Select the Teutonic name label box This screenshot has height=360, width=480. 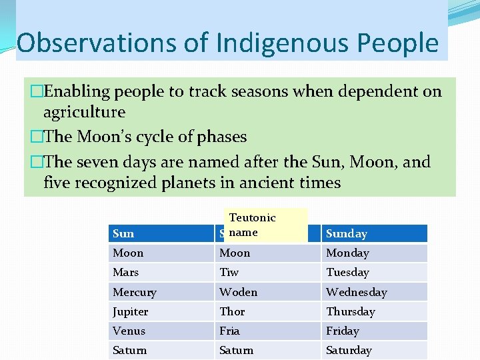pyautogui.click(x=267, y=225)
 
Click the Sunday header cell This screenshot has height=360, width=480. pyautogui.click(x=374, y=233)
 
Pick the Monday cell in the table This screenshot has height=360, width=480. pyautogui.click(x=374, y=253)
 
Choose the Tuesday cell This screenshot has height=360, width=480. pyautogui.click(x=374, y=273)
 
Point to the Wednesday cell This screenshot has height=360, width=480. pyautogui.click(x=374, y=292)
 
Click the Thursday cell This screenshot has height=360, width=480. pyautogui.click(x=374, y=311)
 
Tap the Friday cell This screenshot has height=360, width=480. pyautogui.click(x=374, y=331)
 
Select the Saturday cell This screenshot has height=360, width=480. pyautogui.click(x=374, y=350)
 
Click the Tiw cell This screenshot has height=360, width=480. pyautogui.click(x=267, y=273)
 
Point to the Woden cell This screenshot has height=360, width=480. pyautogui.click(x=267, y=292)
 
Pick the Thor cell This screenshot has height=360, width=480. pyautogui.click(x=267, y=311)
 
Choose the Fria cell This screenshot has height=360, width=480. pyautogui.click(x=267, y=331)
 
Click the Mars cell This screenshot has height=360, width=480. pyautogui.click(x=161, y=273)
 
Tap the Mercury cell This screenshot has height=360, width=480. pyautogui.click(x=161, y=292)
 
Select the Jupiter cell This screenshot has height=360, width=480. pyautogui.click(x=161, y=311)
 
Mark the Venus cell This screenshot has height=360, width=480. pyautogui.click(x=161, y=331)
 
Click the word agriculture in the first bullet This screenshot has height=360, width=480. pyautogui.click(x=84, y=112)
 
